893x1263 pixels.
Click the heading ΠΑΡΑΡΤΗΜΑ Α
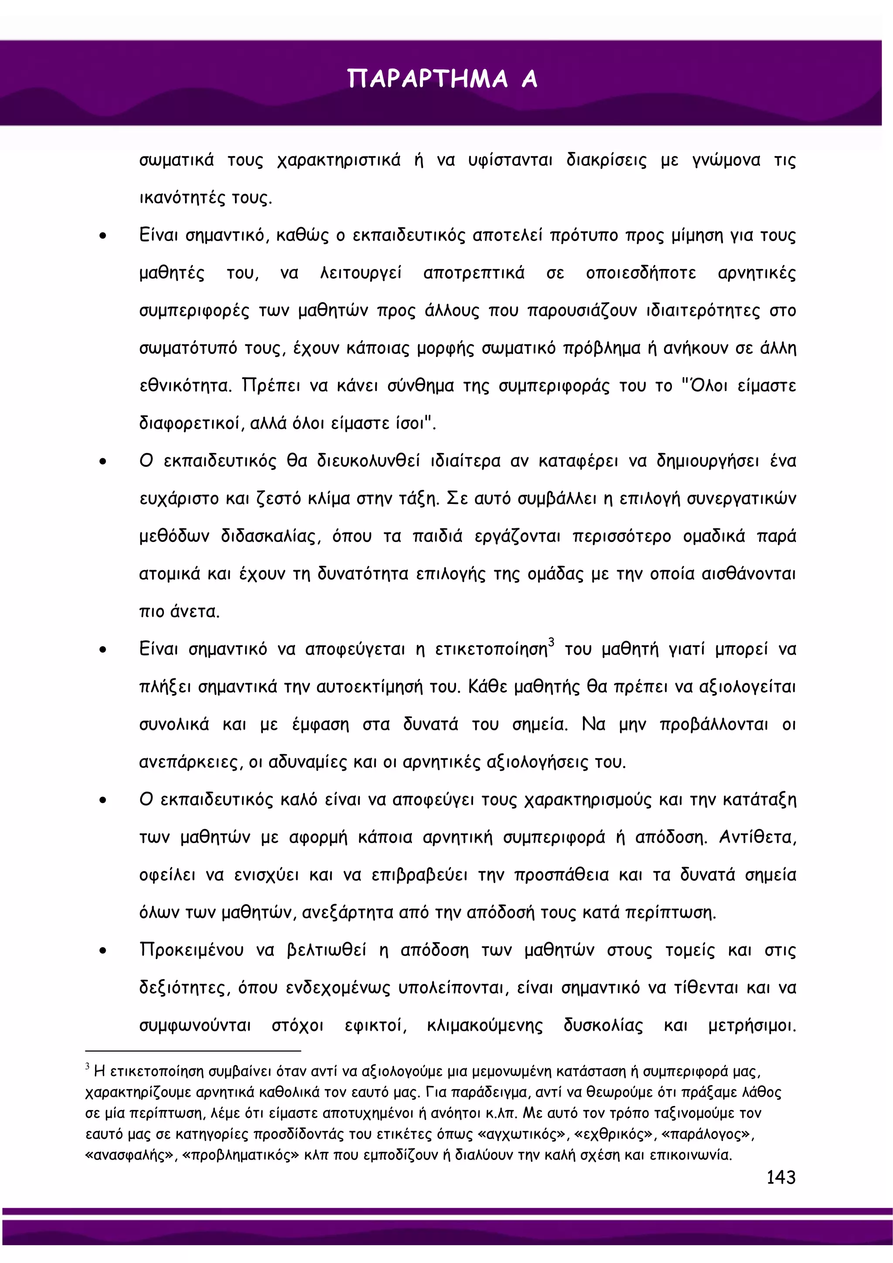pyautogui.click(x=442, y=78)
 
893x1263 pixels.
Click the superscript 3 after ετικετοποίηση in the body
pyautogui.click(x=551, y=642)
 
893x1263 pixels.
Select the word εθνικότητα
pyautogui.click(x=185, y=385)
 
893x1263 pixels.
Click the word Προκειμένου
pyautogui.click(x=191, y=950)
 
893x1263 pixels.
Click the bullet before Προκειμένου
pyautogui.click(x=103, y=950)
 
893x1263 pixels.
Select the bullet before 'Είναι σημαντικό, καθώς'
pyautogui.click(x=103, y=236)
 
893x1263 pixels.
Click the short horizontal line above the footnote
pyautogui.click(x=193, y=1051)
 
